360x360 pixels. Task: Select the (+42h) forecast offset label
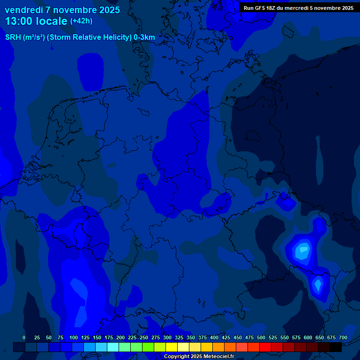pyautogui.click(x=81, y=21)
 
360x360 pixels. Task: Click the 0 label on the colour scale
pyautogui.click(x=24, y=337)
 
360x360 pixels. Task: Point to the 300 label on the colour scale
pyautogui.click(x=167, y=337)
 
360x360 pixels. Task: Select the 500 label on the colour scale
pyautogui.click(x=261, y=337)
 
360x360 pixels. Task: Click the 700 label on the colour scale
pyautogui.click(x=343, y=337)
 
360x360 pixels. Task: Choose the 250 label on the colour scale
pyautogui.click(x=144, y=337)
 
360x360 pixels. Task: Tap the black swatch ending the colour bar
pyautogui.click(x=336, y=347)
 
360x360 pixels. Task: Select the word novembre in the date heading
pyautogui.click(x=75, y=10)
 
